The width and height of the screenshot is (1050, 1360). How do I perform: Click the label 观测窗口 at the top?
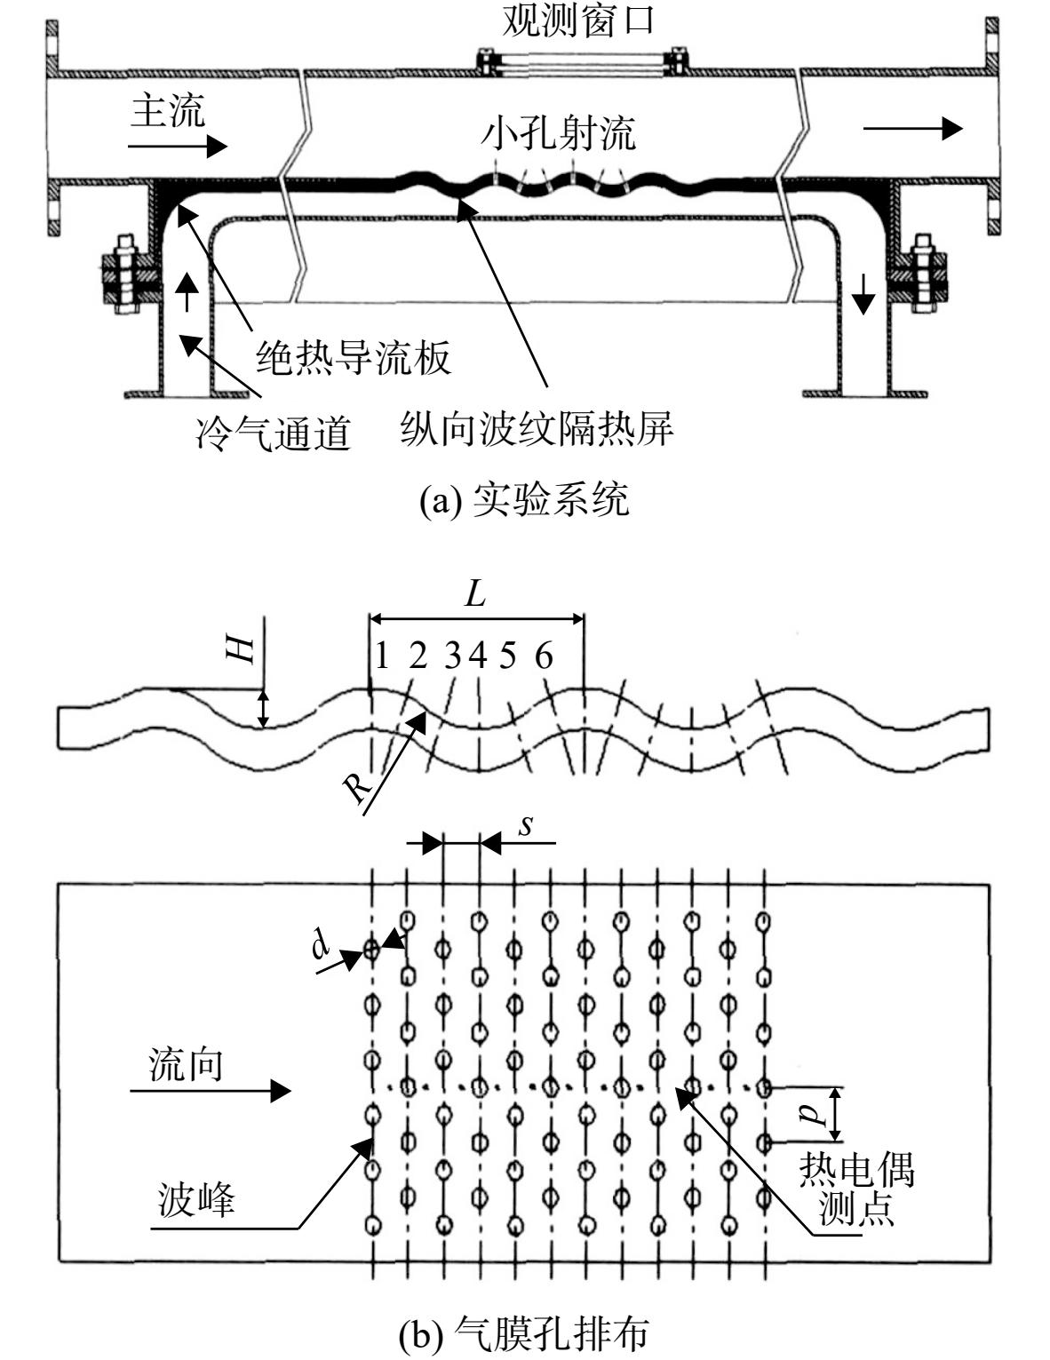tap(578, 20)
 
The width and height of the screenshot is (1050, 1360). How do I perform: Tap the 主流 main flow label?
tap(168, 110)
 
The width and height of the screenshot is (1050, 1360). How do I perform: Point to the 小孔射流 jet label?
tap(558, 132)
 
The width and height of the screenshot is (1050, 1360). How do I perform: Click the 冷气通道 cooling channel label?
tap(273, 433)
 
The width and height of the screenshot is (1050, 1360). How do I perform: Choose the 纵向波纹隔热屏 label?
tap(537, 429)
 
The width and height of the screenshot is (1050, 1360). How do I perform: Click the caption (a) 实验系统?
tap(524, 500)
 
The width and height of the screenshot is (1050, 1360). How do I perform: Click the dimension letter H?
tap(241, 651)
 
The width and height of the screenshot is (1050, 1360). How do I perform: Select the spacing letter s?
tap(526, 826)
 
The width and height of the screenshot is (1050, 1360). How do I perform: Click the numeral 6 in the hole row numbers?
tap(544, 656)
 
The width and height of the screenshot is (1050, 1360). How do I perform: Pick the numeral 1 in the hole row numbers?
tap(382, 656)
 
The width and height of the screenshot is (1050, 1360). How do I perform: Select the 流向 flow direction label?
tap(186, 1064)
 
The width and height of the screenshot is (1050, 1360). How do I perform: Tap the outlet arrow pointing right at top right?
tap(913, 128)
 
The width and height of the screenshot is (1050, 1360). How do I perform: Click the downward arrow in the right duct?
tap(863, 293)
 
